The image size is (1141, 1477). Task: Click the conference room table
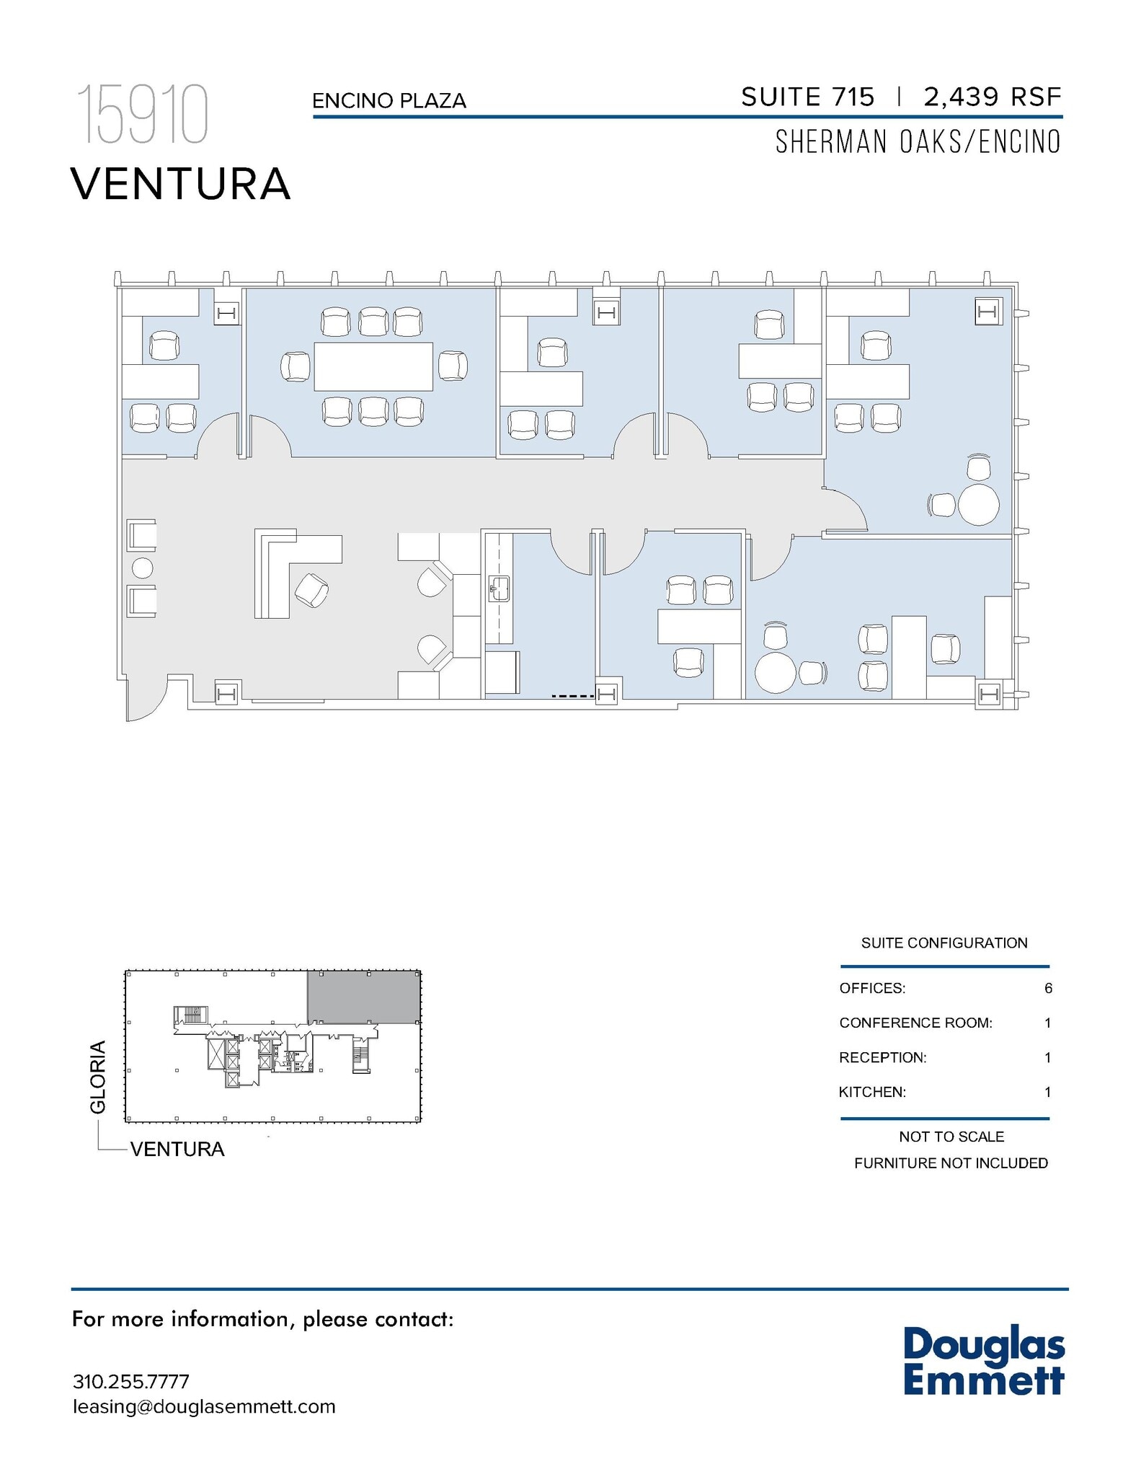pyautogui.click(x=373, y=366)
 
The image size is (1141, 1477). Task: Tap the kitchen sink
pyautogui.click(x=499, y=588)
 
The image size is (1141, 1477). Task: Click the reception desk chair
pyautogui.click(x=311, y=590)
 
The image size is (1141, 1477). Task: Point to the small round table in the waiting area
pyautogui.click(x=143, y=568)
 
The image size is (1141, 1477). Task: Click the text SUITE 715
pyautogui.click(x=807, y=97)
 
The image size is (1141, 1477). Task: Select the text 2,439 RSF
pyautogui.click(x=993, y=97)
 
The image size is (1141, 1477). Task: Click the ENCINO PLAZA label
pyautogui.click(x=389, y=101)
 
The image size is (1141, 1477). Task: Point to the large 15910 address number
pyautogui.click(x=142, y=115)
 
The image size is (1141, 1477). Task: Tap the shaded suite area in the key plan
pyautogui.click(x=364, y=997)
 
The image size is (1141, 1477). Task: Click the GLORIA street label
pyautogui.click(x=98, y=1076)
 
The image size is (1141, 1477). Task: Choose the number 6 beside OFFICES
pyautogui.click(x=1048, y=988)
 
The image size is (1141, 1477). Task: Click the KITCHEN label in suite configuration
pyautogui.click(x=872, y=1092)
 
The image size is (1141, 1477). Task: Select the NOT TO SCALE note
pyautogui.click(x=951, y=1137)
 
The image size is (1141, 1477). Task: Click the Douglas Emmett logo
pyautogui.click(x=984, y=1361)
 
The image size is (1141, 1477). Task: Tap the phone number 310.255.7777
pyautogui.click(x=131, y=1382)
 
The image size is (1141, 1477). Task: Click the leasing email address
pyautogui.click(x=204, y=1406)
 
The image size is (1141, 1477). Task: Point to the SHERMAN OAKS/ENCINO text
pyautogui.click(x=918, y=142)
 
